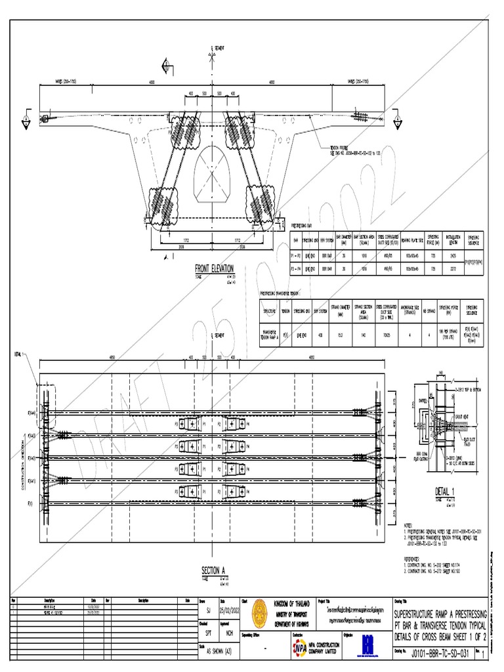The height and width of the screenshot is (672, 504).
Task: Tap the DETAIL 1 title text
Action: coord(444,492)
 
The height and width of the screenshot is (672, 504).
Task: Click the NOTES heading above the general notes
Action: coord(409,525)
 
